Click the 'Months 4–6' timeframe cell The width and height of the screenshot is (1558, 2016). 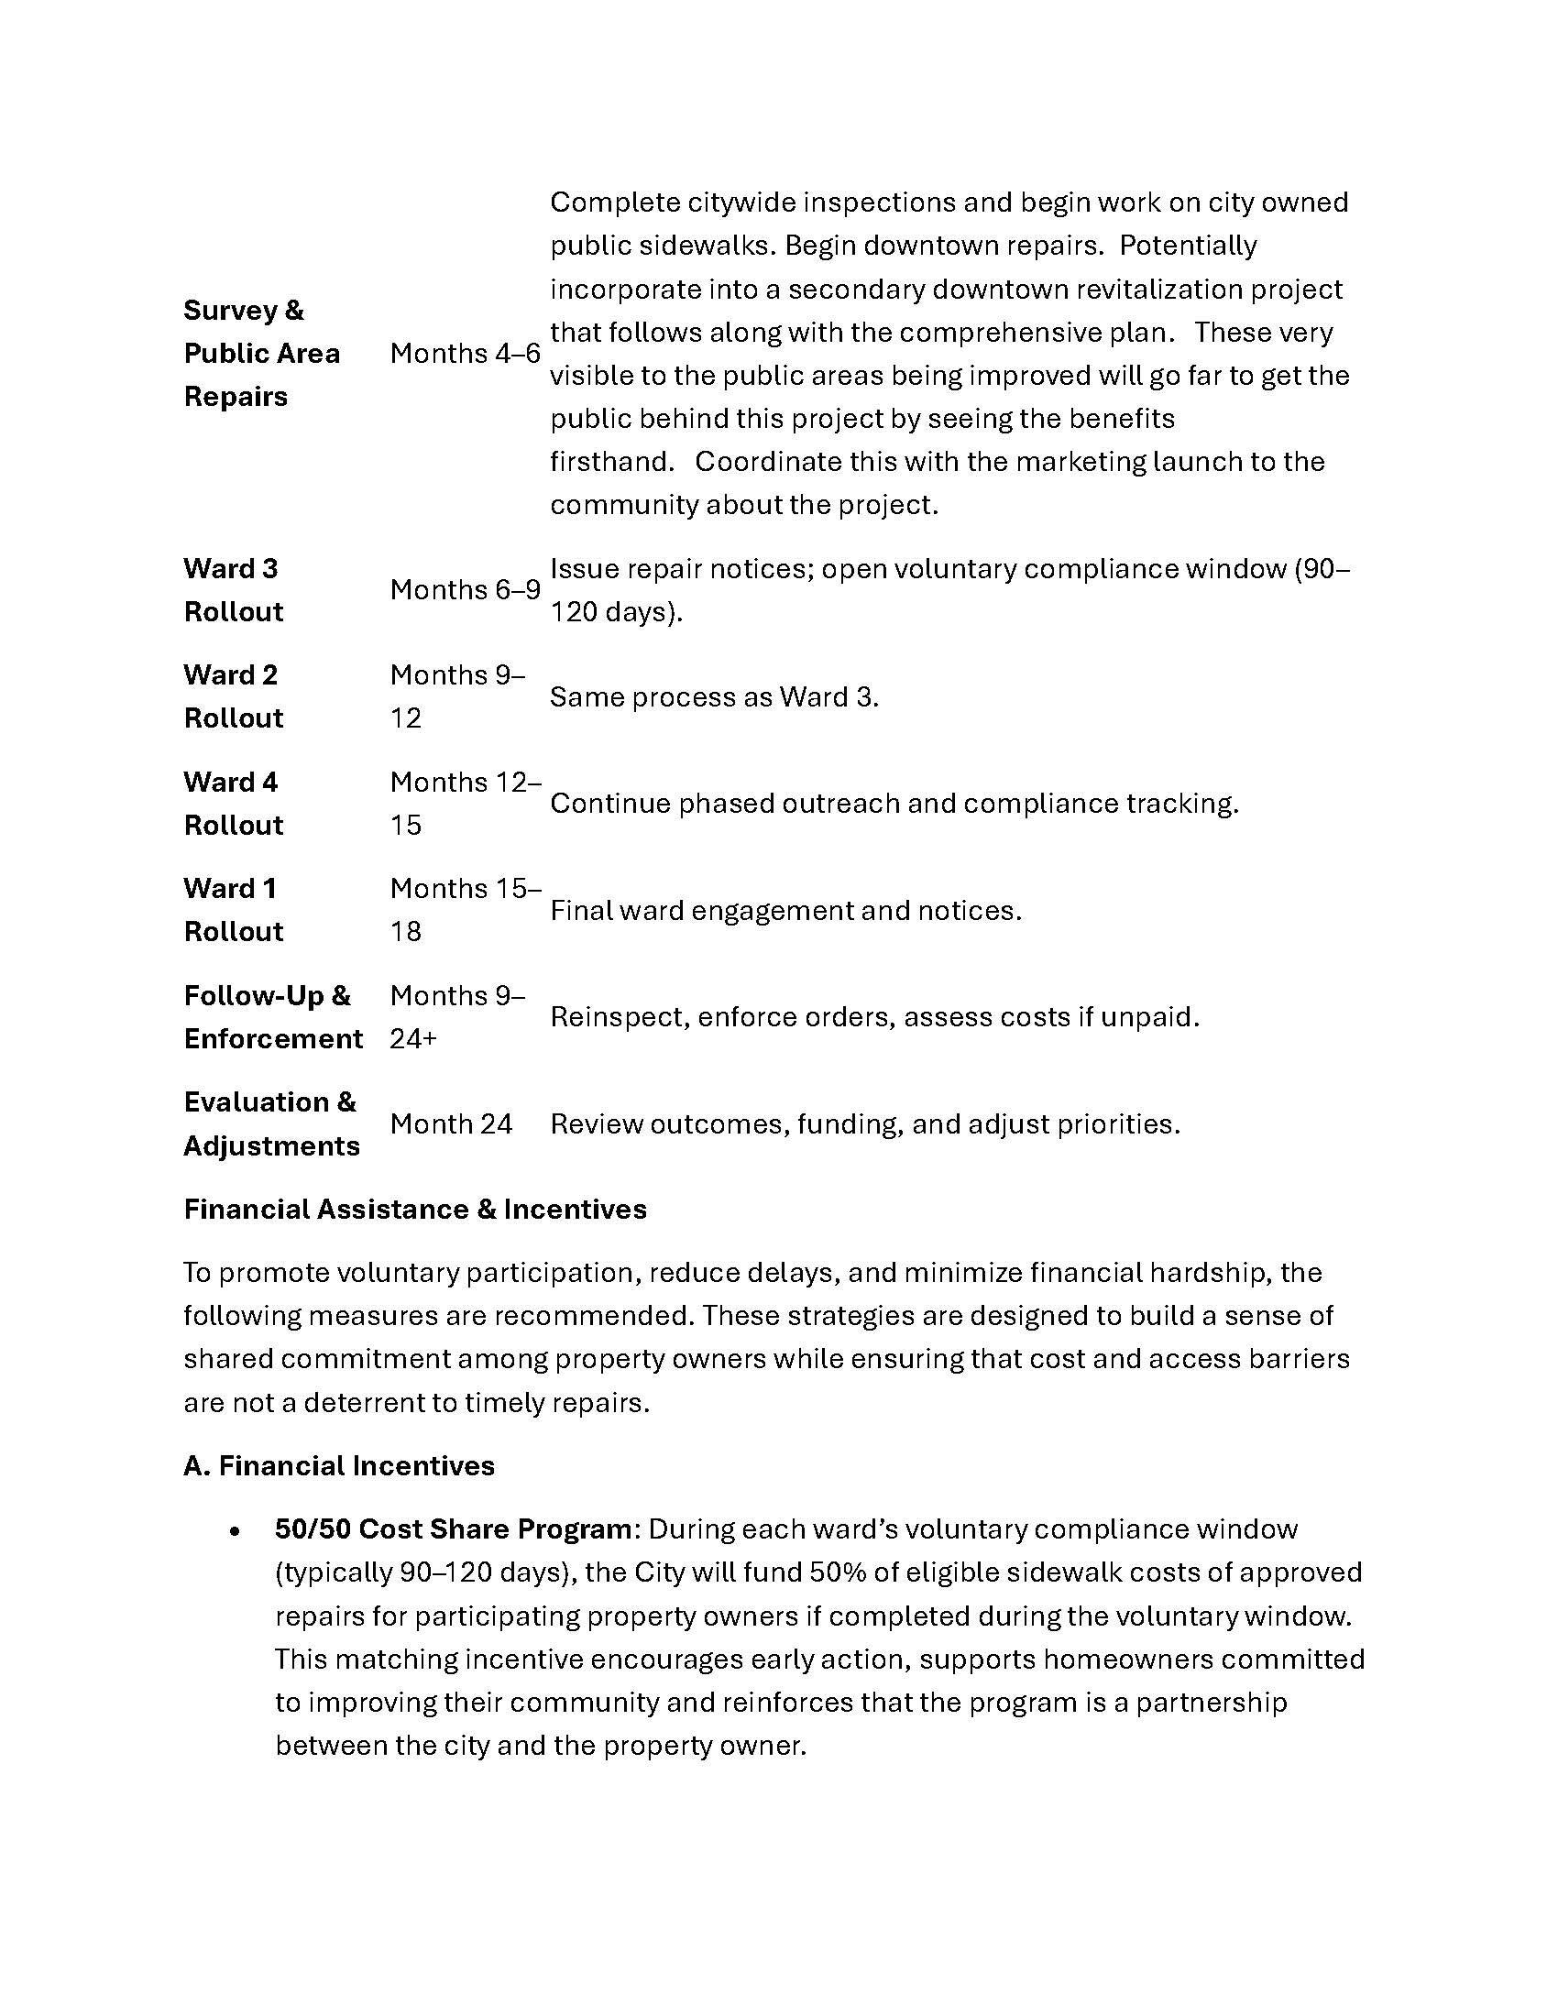pos(465,354)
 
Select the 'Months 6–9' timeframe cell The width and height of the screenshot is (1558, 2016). pos(465,590)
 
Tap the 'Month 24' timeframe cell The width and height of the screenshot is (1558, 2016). pos(450,1124)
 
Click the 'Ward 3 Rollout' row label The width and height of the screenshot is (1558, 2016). pos(234,590)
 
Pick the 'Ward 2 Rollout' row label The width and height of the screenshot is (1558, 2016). pos(234,697)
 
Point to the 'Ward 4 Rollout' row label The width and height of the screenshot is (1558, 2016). pos(234,804)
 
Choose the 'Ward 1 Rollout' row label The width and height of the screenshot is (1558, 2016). pos(234,910)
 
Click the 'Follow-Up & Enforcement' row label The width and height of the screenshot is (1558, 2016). pos(272,1017)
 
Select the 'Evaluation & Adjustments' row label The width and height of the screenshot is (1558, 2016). pos(270,1124)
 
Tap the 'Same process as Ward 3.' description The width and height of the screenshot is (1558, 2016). pos(713,697)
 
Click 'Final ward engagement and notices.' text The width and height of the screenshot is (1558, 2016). pos(785,911)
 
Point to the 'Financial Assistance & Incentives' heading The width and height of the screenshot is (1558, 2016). pos(414,1210)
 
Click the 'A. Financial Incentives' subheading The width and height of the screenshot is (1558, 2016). pos(339,1466)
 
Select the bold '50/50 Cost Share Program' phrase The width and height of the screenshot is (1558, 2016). pos(452,1529)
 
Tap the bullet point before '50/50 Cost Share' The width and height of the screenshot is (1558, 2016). pos(236,1531)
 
